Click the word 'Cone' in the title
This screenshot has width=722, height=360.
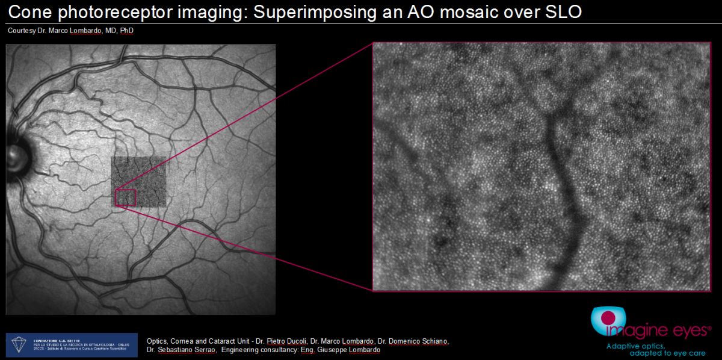(x=29, y=12)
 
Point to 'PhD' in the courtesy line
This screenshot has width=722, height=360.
(x=125, y=30)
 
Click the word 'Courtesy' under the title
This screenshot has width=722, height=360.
(x=21, y=30)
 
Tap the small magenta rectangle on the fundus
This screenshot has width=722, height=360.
(x=126, y=197)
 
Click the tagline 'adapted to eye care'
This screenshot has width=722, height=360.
(x=667, y=353)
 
